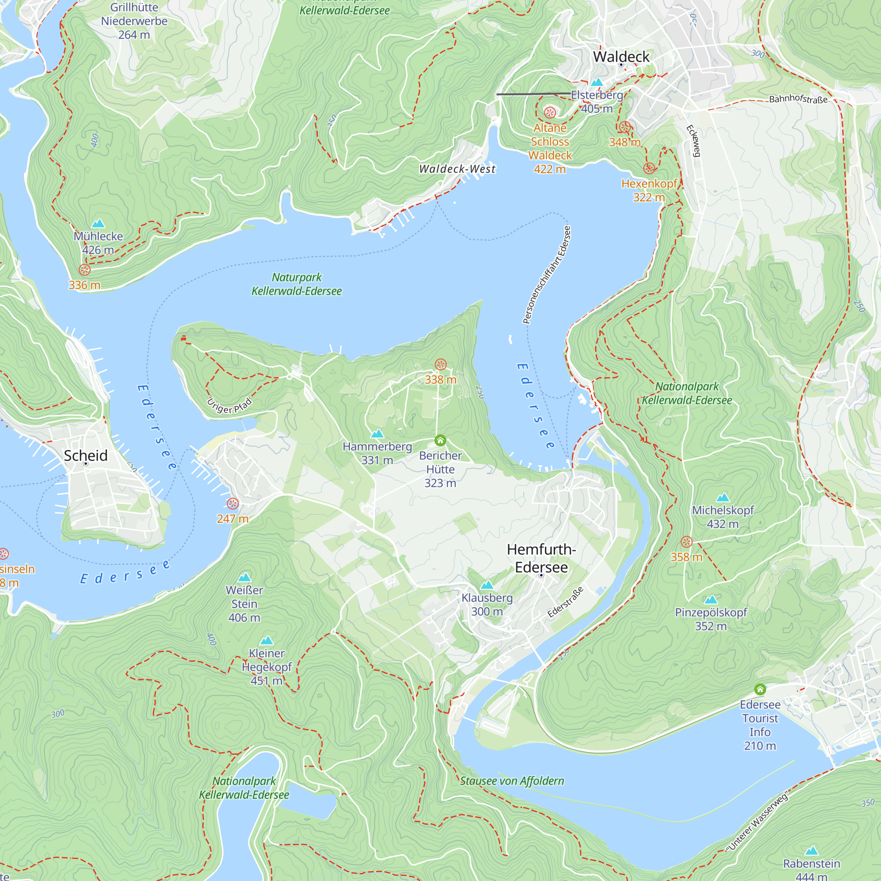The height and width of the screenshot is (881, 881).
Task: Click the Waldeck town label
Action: (621, 57)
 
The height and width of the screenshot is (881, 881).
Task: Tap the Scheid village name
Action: (86, 455)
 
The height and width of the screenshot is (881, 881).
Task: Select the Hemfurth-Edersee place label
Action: (541, 558)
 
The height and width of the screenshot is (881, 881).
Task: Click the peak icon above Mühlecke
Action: (99, 223)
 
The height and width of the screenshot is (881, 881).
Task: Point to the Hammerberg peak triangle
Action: (377, 433)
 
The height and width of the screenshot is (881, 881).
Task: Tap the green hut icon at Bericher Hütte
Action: (440, 440)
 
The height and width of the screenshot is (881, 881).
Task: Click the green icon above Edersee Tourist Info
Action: (760, 689)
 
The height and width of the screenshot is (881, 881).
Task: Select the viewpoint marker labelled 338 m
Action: (440, 364)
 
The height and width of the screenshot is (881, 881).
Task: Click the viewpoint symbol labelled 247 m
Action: (233, 503)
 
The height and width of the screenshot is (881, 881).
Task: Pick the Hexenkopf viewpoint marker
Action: (649, 168)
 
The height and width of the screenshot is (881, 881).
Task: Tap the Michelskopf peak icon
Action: (723, 497)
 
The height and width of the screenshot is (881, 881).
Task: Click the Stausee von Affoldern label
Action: (511, 781)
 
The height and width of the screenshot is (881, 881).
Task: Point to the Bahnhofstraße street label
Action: (798, 99)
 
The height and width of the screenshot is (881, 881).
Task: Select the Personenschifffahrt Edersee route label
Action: (547, 275)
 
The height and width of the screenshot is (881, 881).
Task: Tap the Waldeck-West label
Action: (457, 169)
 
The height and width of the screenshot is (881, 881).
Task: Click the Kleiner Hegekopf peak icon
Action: (267, 640)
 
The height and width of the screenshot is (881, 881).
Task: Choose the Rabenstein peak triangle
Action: (811, 851)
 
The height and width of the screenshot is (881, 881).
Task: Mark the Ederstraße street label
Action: (566, 602)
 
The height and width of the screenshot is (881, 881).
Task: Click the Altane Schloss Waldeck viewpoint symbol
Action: (550, 112)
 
